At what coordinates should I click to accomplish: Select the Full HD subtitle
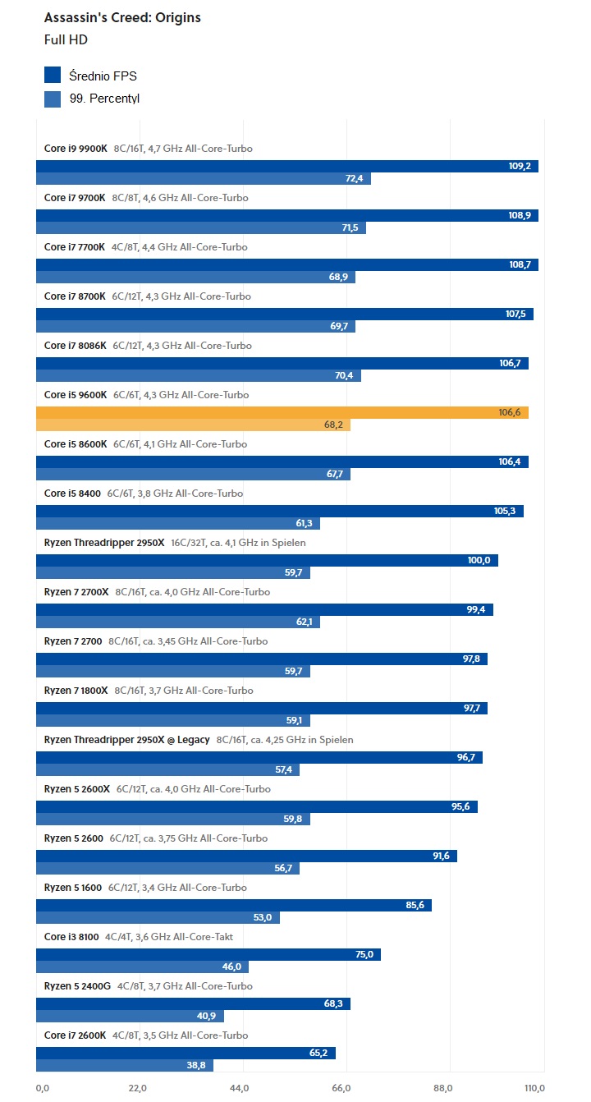(66, 39)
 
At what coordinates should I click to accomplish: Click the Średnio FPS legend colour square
(53, 76)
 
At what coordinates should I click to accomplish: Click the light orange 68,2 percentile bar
(193, 425)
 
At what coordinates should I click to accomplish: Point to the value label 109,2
(520, 166)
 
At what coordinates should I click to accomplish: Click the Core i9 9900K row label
(76, 149)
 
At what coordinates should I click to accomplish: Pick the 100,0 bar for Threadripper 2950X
(267, 560)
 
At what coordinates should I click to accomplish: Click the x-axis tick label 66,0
(341, 1088)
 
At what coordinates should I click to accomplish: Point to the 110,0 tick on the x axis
(534, 1088)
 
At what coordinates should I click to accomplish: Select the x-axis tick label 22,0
(138, 1088)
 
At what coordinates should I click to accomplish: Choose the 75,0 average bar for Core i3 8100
(208, 954)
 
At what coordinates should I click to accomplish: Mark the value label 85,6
(414, 905)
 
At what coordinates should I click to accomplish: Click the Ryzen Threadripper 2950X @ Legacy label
(126, 740)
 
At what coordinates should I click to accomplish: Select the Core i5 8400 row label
(73, 494)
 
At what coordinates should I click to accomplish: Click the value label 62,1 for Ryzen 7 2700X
(305, 622)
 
